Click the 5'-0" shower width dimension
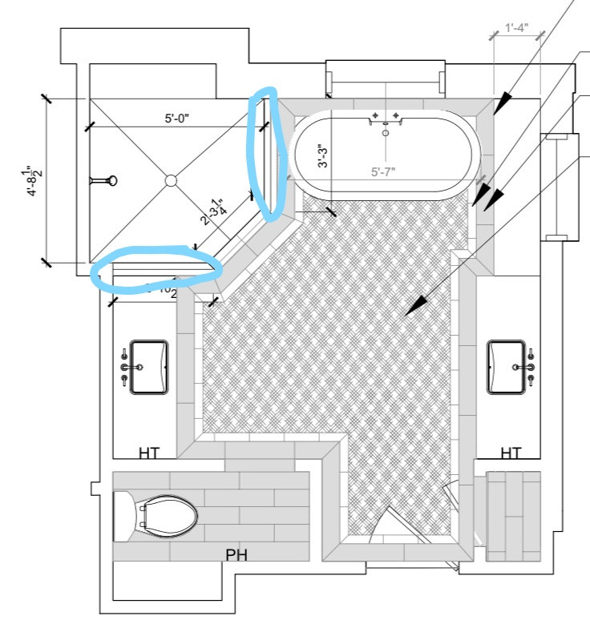tap(177, 119)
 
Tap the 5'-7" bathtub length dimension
tap(384, 171)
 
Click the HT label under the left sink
tap(148, 453)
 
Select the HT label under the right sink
tap(511, 453)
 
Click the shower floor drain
tap(171, 180)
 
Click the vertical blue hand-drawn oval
tap(266, 155)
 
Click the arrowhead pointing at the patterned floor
tap(414, 305)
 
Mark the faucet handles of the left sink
tap(126, 367)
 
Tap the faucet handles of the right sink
tap(530, 366)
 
